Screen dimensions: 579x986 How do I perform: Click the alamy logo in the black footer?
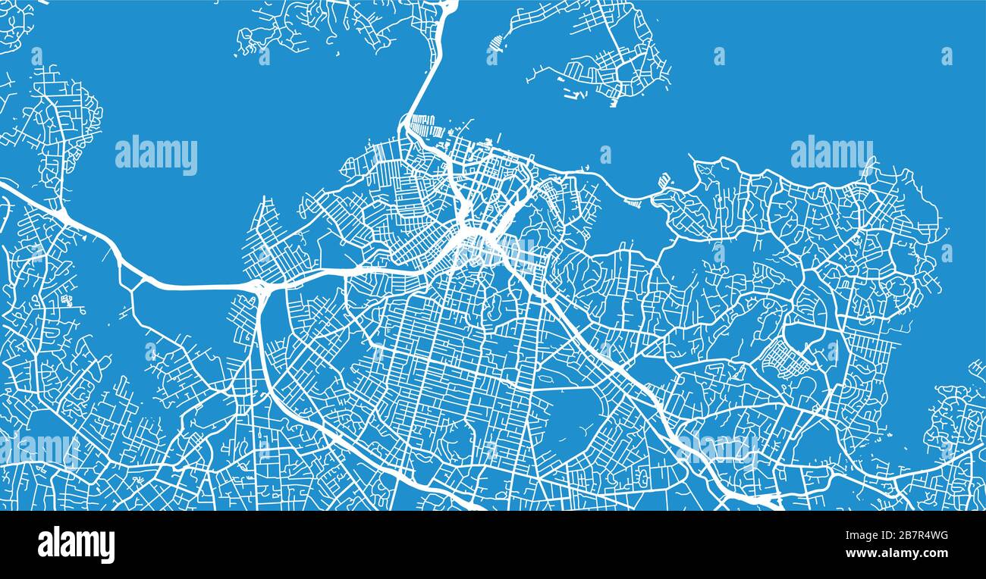pyautogui.click(x=76, y=545)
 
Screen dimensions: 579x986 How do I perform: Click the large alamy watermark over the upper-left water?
pyautogui.click(x=156, y=155)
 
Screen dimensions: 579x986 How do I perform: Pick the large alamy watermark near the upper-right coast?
pyautogui.click(x=831, y=154)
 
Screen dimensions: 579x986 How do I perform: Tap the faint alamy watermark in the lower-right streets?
pyautogui.click(x=718, y=447)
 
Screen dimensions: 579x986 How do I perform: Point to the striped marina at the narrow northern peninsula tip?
pyautogui.click(x=495, y=50)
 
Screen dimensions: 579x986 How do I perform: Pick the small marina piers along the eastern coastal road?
pyautogui.click(x=663, y=183)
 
